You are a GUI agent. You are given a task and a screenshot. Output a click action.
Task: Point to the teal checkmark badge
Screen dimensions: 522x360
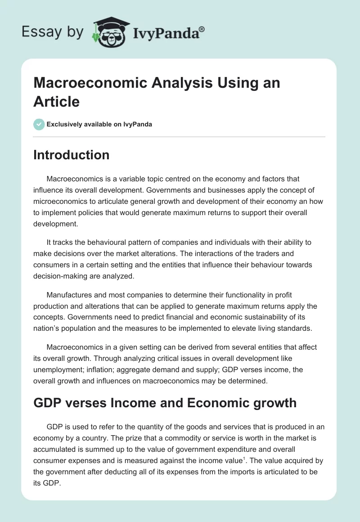click(x=39, y=124)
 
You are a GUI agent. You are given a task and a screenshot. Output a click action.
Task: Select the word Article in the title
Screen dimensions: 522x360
click(x=56, y=101)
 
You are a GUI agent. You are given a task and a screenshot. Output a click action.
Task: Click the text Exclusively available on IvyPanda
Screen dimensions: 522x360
click(x=99, y=124)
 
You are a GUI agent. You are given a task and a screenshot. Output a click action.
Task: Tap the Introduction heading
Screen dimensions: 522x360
click(x=71, y=155)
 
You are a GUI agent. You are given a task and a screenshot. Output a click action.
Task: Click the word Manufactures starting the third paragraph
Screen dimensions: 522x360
click(x=72, y=295)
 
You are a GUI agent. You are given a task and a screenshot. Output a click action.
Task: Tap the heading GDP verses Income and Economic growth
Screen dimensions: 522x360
click(x=165, y=402)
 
